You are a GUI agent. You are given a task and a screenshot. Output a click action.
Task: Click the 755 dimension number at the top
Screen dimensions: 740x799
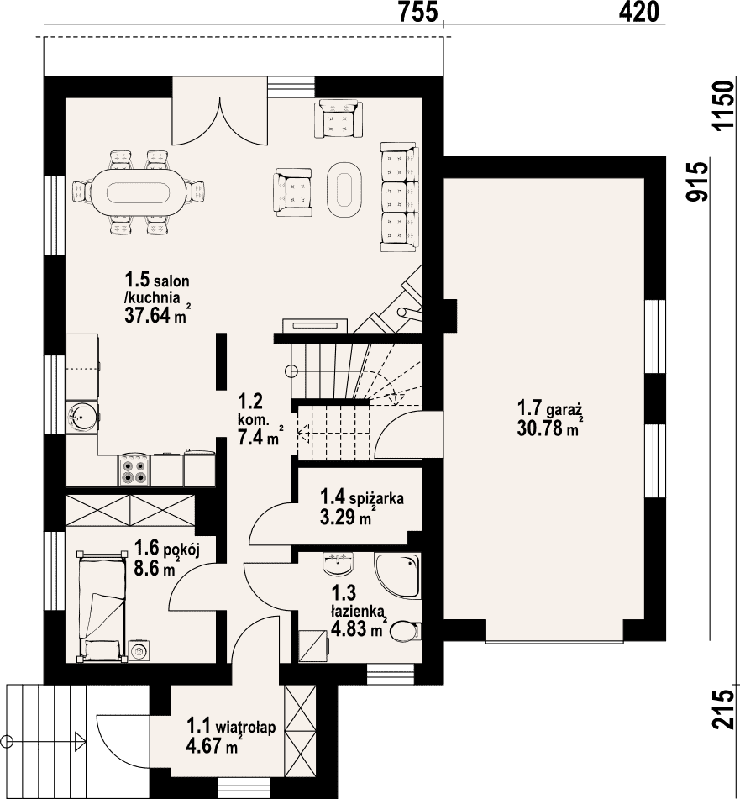click(x=417, y=12)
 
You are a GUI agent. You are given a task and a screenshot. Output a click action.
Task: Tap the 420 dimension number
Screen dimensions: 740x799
click(x=638, y=12)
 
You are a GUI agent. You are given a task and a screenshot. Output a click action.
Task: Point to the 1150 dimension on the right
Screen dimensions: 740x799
click(x=724, y=106)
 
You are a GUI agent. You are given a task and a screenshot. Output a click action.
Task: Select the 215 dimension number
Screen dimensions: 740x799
click(x=724, y=709)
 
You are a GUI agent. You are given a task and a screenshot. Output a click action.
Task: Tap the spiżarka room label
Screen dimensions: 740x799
click(x=375, y=497)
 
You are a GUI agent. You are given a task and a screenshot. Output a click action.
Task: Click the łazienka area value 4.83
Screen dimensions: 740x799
click(x=349, y=628)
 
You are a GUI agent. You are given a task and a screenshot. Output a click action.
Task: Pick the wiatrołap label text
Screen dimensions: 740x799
click(x=245, y=726)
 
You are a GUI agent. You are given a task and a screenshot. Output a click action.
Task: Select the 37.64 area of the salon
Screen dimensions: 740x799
click(x=147, y=315)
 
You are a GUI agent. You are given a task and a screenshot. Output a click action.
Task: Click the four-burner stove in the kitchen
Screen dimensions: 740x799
click(x=134, y=470)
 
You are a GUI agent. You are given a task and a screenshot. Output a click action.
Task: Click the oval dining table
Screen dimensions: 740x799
click(x=139, y=192)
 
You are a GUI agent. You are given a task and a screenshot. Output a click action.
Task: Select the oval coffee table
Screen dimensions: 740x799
click(x=344, y=190)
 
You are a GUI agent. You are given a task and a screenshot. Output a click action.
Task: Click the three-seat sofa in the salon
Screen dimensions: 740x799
click(x=399, y=197)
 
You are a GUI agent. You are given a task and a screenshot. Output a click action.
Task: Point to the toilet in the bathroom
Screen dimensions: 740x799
click(x=406, y=631)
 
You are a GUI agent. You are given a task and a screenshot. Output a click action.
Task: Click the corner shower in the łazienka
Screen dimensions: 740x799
click(x=398, y=576)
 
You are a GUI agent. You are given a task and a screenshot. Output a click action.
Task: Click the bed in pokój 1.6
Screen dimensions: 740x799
click(x=102, y=607)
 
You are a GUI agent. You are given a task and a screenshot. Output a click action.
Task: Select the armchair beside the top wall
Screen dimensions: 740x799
click(x=339, y=118)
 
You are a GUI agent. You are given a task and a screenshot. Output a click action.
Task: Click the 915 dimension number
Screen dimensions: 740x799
click(x=697, y=182)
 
